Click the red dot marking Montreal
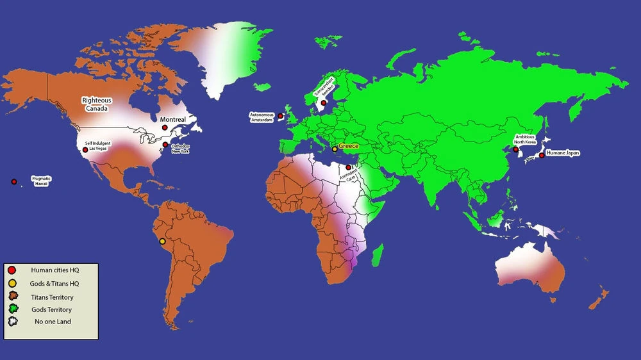click(165, 127)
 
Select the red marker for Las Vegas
click(85, 150)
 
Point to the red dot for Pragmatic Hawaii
click(14, 181)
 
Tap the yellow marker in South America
click(162, 241)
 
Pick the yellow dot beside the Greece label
click(335, 149)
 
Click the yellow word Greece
click(349, 147)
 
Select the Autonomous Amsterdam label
click(262, 117)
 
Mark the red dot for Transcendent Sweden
click(324, 102)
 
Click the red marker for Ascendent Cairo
click(348, 167)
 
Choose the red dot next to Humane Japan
click(542, 155)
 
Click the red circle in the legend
click(12, 270)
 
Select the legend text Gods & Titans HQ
click(55, 283)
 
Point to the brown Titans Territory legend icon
click(12, 297)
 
